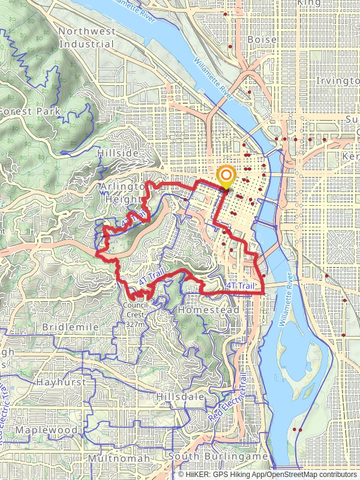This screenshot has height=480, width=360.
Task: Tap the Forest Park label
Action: (x=30, y=111)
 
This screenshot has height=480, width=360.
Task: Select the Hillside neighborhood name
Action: (x=117, y=154)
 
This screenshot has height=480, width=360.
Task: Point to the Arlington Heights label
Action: (x=123, y=193)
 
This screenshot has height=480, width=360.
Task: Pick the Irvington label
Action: (x=337, y=80)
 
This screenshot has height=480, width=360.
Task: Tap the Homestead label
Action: (x=208, y=310)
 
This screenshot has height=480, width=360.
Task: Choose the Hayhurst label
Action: (x=58, y=382)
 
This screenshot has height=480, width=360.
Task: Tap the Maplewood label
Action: (x=46, y=430)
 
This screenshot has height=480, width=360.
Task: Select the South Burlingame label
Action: (x=218, y=457)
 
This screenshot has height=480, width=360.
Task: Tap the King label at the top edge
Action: (x=309, y=3)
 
